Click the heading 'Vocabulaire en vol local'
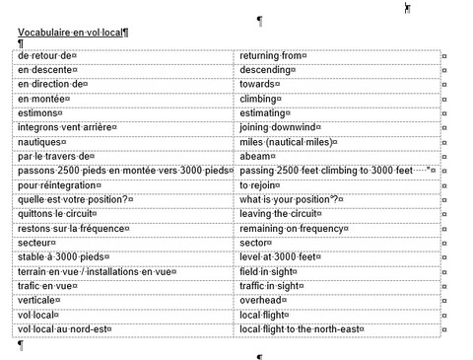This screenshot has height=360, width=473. tap(72, 33)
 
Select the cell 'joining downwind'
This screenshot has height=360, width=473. tap(280, 127)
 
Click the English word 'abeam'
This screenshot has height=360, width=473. tap(258, 156)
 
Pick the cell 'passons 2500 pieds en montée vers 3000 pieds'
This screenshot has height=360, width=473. tap(124, 171)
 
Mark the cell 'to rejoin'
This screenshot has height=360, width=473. tap(260, 184)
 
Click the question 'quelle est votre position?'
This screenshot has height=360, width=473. tap(74, 199)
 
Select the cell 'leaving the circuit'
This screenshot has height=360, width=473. tap(281, 213)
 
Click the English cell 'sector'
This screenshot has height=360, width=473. tap(256, 242)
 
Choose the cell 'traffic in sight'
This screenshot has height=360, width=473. tap(271, 285)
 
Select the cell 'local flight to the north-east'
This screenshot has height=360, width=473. tap(309, 328)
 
